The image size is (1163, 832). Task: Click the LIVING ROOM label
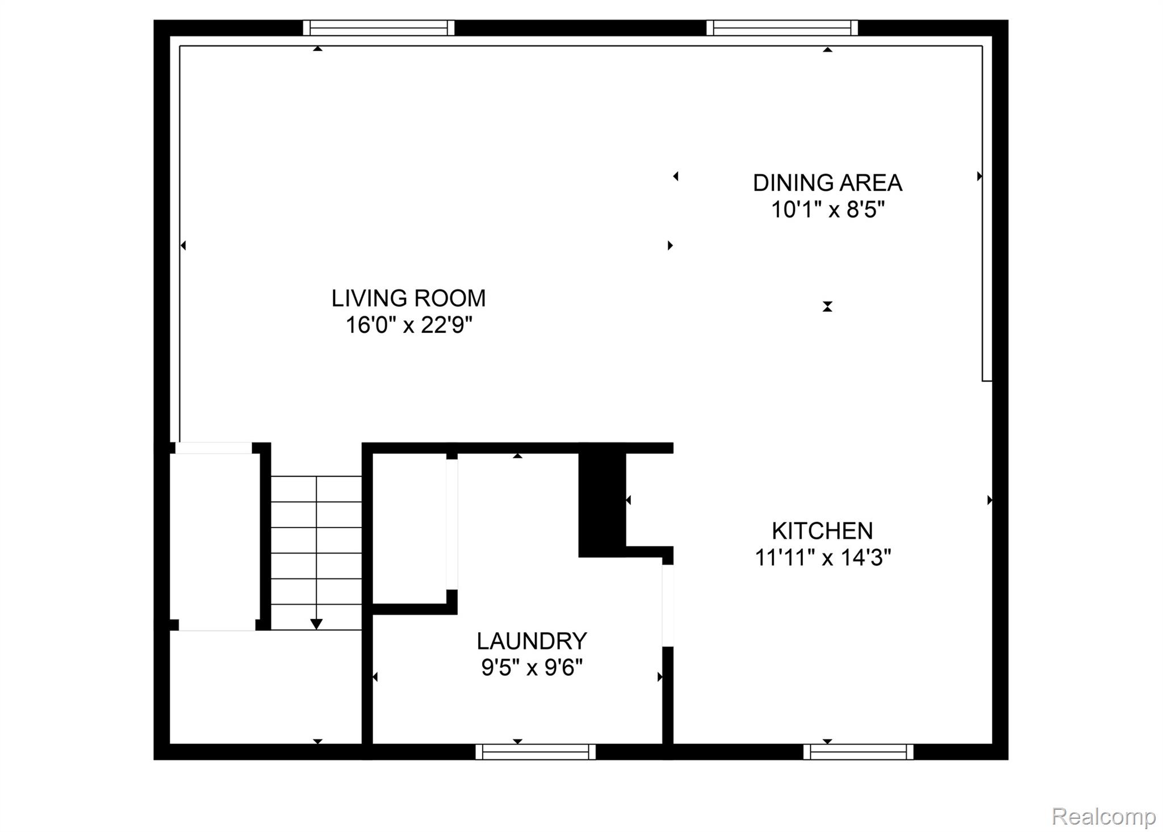tap(408, 298)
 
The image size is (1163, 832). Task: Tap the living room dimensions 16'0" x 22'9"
tap(408, 325)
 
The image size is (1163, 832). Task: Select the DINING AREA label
tap(827, 183)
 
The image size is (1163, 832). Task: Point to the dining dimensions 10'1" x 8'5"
tap(827, 210)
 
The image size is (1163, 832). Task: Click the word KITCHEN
tap(822, 531)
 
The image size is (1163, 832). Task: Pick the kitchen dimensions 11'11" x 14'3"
tap(822, 558)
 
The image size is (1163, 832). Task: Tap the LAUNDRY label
tap(531, 641)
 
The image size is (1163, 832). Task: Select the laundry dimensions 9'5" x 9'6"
tap(531, 667)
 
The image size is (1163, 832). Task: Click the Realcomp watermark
tap(1103, 817)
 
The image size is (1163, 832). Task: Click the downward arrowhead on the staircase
tap(316, 624)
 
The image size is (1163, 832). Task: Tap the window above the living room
tap(378, 28)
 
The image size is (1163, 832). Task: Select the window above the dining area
tap(782, 28)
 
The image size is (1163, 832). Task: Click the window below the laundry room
tap(536, 752)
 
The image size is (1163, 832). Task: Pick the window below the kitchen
tap(858, 752)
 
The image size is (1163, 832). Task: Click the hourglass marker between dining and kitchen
tap(827, 307)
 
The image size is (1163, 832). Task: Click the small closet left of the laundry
tap(409, 528)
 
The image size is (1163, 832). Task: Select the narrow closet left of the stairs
tap(215, 537)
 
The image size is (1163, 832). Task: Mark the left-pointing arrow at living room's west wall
tap(183, 245)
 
